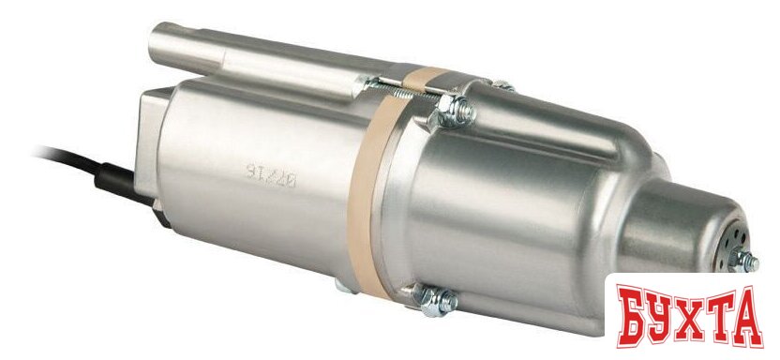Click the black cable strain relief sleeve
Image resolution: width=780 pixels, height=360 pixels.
click(x=114, y=174)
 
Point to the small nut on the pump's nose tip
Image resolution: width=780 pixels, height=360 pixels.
click(x=746, y=261)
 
